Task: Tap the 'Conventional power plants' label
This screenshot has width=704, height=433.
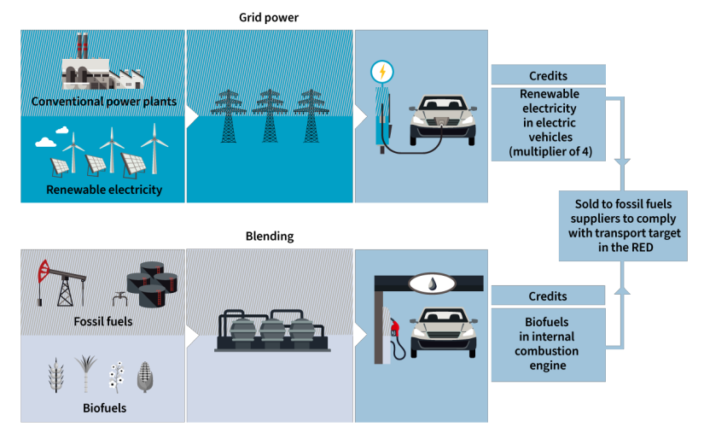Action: pyautogui.click(x=103, y=102)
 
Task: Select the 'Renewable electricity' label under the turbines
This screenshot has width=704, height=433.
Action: pyautogui.click(x=103, y=190)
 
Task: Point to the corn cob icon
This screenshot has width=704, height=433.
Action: pyautogui.click(x=145, y=377)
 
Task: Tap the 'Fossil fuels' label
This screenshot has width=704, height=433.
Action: pyautogui.click(x=104, y=323)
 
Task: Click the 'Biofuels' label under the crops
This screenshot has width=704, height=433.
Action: pyautogui.click(x=104, y=407)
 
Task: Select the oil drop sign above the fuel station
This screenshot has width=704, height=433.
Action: pyautogui.click(x=430, y=283)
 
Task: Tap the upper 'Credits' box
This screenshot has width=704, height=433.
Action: pyautogui.click(x=548, y=75)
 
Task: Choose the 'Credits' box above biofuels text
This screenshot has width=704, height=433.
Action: pyautogui.click(x=548, y=296)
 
